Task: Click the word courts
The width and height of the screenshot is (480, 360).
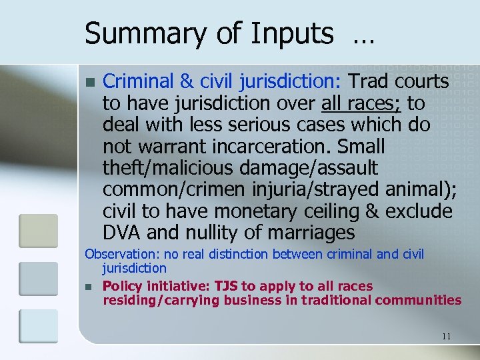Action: pyautogui.click(x=423, y=81)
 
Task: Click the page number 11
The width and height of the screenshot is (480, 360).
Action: pyautogui.click(x=446, y=336)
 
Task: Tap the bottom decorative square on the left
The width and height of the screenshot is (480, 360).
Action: pyautogui.click(x=38, y=326)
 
